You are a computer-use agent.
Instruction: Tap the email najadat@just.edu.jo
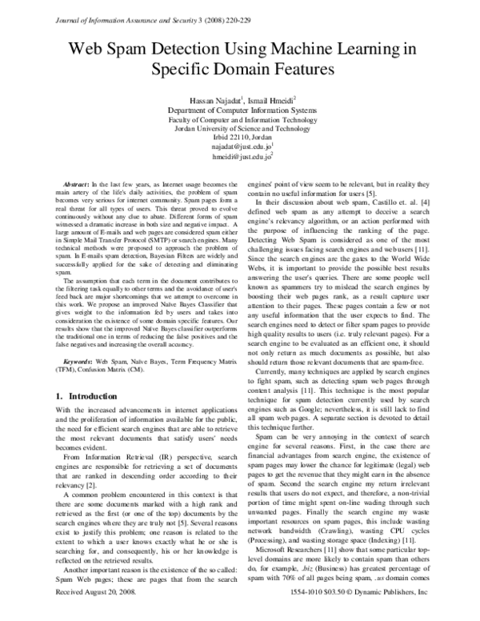[241, 147]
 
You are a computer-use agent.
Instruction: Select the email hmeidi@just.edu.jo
[241, 158]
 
